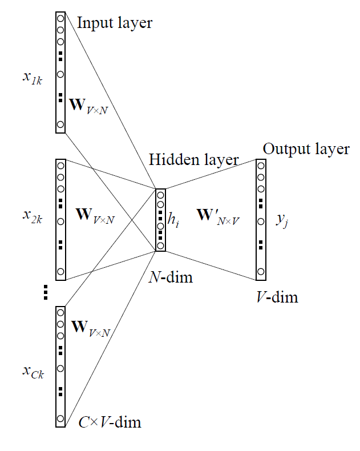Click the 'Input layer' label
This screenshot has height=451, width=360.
114,23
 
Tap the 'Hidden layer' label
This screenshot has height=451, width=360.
193,160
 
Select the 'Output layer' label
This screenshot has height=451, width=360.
306,150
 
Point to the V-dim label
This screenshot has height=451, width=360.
277,297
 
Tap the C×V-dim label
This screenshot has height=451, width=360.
110,423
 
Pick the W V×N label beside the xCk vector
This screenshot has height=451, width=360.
90,328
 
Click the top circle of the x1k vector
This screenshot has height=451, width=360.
60,17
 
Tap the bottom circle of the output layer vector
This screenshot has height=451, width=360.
261,271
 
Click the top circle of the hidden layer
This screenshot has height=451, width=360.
160,195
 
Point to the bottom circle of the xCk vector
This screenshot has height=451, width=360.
60,418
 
